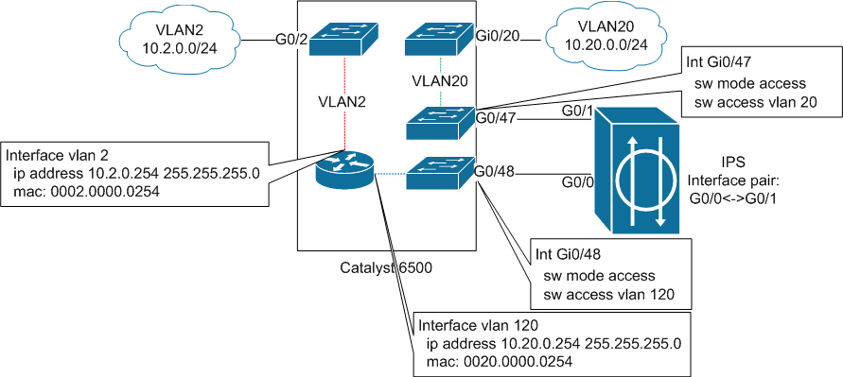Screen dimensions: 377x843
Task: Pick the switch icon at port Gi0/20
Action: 439,42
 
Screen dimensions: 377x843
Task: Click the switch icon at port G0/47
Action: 439,120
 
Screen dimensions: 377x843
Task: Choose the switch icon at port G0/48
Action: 439,173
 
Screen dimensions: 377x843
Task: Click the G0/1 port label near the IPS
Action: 576,111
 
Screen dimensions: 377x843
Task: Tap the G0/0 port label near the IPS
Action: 576,181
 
